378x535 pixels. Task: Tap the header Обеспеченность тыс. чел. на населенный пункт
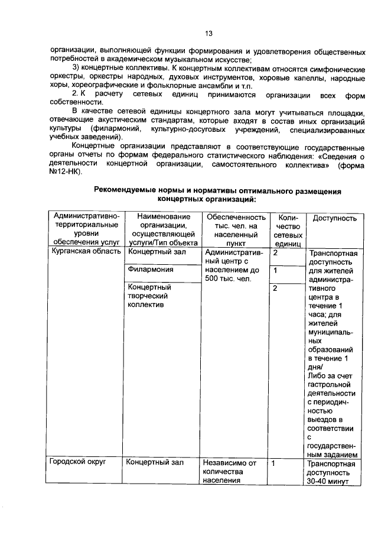coord(233,229)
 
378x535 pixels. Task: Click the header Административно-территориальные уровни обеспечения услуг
coord(86,229)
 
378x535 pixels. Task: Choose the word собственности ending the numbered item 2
coord(76,102)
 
